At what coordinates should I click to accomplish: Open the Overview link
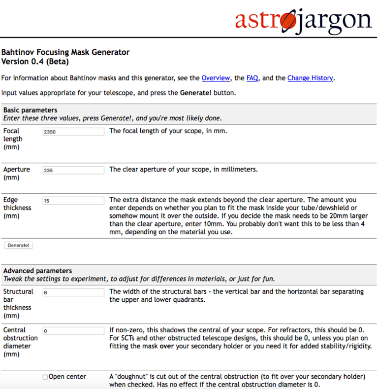point(216,78)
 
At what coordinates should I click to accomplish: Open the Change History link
point(310,78)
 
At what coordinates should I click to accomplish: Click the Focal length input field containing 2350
point(73,132)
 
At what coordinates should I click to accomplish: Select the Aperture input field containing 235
point(73,170)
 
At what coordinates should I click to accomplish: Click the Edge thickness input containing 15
point(73,201)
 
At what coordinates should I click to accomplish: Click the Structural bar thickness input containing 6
point(73,292)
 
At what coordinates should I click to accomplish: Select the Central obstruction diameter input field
point(73,331)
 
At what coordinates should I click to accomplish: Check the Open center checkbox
point(45,377)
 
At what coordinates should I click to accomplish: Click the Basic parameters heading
point(31,110)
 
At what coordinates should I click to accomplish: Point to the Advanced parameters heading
point(37,271)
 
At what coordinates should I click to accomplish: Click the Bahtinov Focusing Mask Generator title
point(65,52)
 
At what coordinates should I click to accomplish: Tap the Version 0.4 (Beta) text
point(35,62)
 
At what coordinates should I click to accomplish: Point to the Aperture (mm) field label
point(16,173)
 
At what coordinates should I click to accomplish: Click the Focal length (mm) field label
point(13,139)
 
